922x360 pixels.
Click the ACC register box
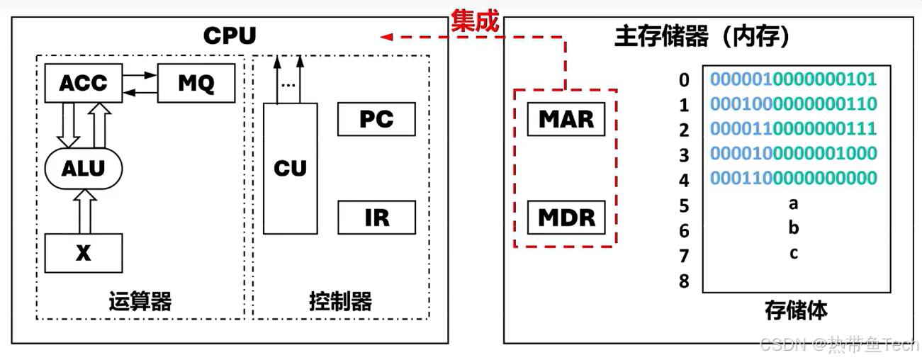click(x=83, y=83)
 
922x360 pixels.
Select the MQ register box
click(x=196, y=83)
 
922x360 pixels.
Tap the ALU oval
click(x=83, y=168)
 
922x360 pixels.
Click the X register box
click(x=84, y=253)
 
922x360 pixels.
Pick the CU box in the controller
click(x=291, y=168)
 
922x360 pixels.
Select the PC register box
click(x=376, y=119)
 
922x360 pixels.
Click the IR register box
click(x=376, y=217)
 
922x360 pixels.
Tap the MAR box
click(x=566, y=118)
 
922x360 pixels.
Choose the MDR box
click(x=566, y=217)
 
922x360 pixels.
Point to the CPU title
click(x=229, y=35)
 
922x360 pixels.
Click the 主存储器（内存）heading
click(x=702, y=37)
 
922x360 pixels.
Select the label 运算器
click(x=140, y=302)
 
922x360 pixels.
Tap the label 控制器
click(x=340, y=302)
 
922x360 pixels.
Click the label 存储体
click(x=796, y=310)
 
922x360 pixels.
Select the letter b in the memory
click(x=794, y=228)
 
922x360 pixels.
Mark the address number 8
click(x=684, y=281)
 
